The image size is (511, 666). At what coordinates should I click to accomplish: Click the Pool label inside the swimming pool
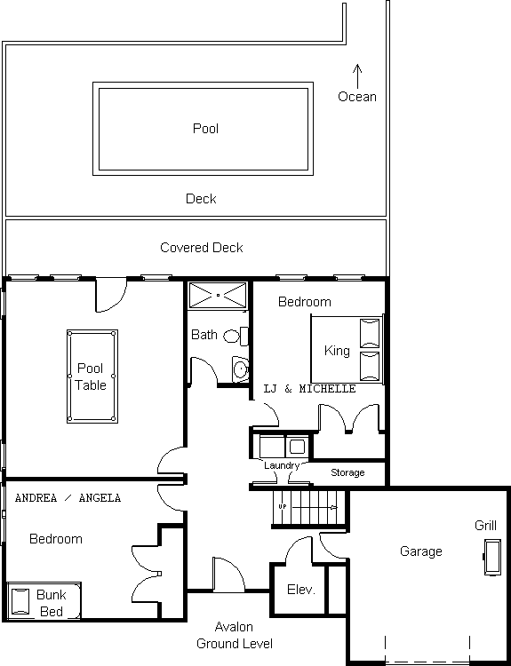tap(206, 128)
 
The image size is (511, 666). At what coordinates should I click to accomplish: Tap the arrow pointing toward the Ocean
tap(357, 76)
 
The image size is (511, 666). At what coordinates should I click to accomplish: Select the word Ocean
tap(357, 97)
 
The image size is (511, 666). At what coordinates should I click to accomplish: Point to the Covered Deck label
tap(202, 248)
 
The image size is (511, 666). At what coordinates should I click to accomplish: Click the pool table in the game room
tap(92, 377)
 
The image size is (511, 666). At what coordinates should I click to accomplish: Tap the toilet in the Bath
tap(236, 337)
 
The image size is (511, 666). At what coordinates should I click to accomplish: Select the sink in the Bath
tap(240, 369)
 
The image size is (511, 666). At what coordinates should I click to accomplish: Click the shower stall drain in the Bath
tap(218, 295)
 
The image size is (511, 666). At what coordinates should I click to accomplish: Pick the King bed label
tap(337, 351)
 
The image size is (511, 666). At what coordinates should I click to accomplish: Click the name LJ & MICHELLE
tap(309, 389)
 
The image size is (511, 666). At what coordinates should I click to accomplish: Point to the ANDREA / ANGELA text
tap(68, 498)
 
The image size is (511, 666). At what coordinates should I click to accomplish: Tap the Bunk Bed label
tap(52, 603)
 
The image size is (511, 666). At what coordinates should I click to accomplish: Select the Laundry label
tap(282, 465)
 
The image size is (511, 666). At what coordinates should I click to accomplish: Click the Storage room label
tap(347, 472)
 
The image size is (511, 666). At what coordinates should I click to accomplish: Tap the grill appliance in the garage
tap(492, 557)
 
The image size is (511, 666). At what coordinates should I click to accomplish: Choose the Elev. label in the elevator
tap(301, 590)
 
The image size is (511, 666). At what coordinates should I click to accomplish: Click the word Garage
tap(421, 551)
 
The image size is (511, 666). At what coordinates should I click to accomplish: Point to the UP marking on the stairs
tap(283, 507)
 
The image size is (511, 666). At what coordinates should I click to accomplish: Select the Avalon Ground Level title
tap(235, 635)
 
